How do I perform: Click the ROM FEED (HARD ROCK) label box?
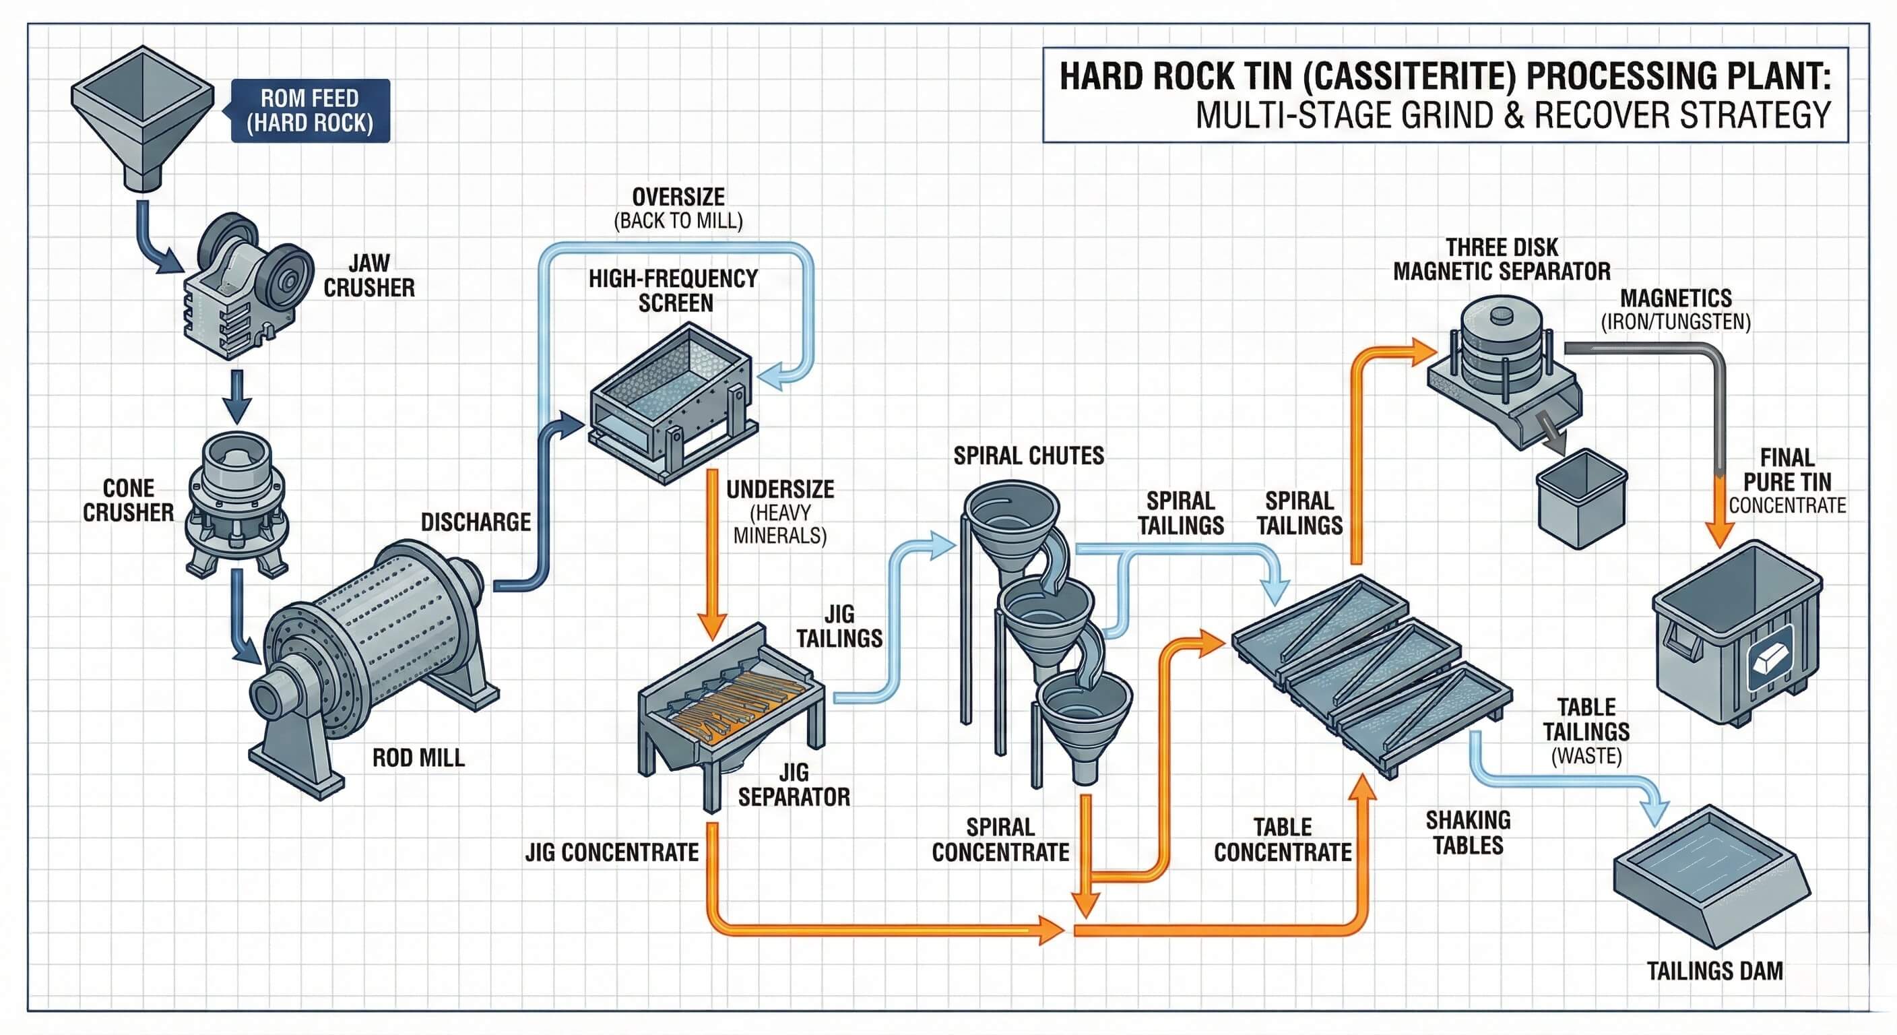[310, 111]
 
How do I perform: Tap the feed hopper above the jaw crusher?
[142, 111]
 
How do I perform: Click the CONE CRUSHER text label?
[128, 500]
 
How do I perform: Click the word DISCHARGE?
[476, 522]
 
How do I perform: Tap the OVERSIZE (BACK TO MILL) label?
[678, 208]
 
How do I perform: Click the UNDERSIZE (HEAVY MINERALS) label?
[780, 513]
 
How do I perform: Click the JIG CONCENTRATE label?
[612, 852]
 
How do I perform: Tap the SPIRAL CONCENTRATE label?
[1000, 840]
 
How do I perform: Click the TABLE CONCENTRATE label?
[1283, 840]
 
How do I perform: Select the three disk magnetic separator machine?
[1502, 369]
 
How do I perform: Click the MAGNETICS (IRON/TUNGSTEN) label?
[1676, 309]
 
